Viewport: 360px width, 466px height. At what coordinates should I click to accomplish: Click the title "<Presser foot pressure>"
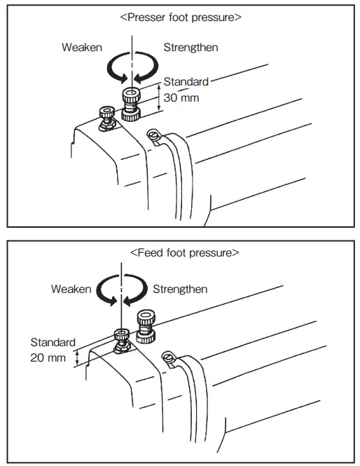pos(181,16)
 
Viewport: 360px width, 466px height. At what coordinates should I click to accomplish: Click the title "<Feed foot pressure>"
pos(185,252)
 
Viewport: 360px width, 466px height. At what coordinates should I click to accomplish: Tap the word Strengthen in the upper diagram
pos(191,48)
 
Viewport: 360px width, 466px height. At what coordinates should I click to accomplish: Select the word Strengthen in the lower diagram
pos(180,289)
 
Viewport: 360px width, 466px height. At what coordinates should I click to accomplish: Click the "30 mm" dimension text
pos(181,98)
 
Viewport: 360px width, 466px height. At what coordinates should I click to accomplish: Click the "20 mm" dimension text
pos(48,357)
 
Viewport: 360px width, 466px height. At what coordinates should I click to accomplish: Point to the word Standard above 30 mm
pos(186,82)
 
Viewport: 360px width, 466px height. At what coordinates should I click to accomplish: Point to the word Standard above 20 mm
pos(53,343)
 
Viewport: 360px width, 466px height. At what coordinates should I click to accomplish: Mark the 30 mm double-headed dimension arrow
pos(160,99)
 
